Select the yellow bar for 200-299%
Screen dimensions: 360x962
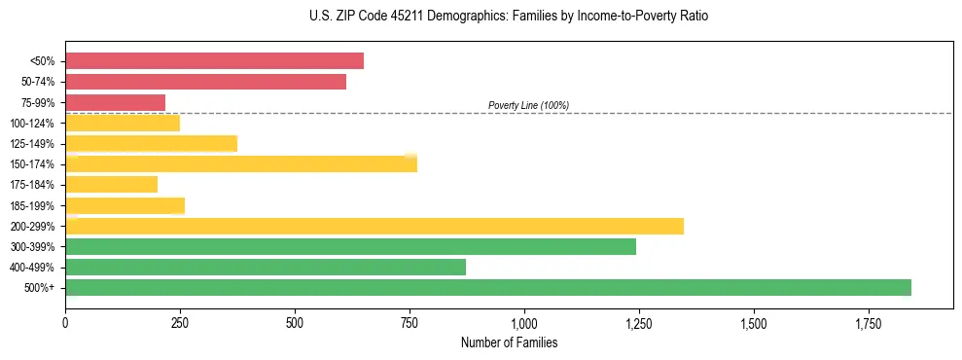374,226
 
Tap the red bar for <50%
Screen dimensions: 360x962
214,60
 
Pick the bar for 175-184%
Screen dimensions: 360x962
111,184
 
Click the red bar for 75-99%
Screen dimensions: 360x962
115,102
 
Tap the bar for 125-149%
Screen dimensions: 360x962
151,143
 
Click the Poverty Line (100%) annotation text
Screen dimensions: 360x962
528,105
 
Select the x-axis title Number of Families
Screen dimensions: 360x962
509,342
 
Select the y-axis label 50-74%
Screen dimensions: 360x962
38,82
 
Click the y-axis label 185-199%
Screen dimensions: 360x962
35,205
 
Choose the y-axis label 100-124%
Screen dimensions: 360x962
35,123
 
